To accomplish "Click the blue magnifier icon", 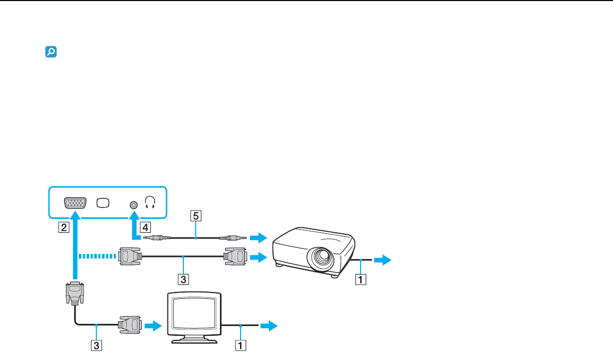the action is [51, 52].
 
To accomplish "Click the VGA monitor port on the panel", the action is [75, 203].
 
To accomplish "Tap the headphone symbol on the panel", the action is [150, 202].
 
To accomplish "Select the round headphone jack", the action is [134, 205].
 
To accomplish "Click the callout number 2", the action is [64, 227].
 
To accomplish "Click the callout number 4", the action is [145, 227].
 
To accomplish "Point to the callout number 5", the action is [196, 216].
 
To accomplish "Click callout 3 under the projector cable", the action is [183, 279].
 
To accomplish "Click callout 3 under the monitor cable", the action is [96, 345].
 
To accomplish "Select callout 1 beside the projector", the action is [361, 279].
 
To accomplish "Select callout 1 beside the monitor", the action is [241, 345].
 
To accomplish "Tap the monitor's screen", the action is [194, 313].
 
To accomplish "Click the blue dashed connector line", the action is [97, 256].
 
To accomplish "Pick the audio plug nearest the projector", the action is [233, 237].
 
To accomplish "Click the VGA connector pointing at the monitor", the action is [130, 325].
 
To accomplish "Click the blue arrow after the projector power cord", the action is [382, 260].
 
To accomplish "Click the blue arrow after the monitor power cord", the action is [268, 325].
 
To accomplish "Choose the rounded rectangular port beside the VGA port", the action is [103, 203].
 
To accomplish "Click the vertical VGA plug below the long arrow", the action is [75, 293].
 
